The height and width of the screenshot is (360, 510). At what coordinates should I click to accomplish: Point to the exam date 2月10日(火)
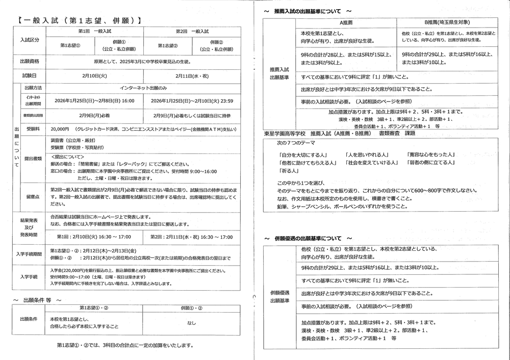point(95,74)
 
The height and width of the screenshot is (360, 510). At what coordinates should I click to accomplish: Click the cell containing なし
point(192,322)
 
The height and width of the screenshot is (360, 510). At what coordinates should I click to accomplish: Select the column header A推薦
point(347,23)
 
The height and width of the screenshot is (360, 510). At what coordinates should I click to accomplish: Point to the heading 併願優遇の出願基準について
point(308,238)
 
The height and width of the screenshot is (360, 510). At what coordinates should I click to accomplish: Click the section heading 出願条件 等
point(39,299)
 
